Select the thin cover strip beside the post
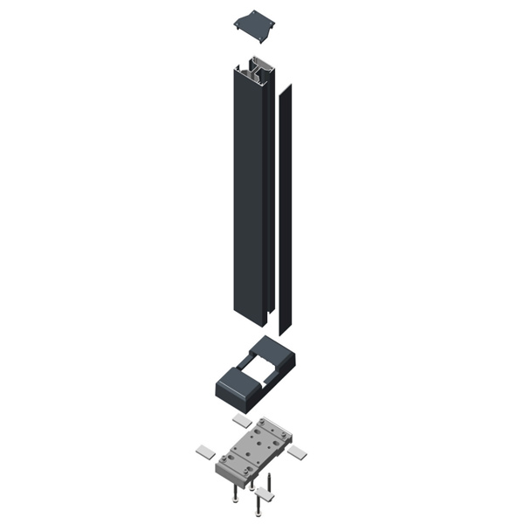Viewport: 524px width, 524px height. pyautogui.click(x=284, y=210)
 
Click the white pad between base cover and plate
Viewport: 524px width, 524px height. pyautogui.click(x=242, y=421)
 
